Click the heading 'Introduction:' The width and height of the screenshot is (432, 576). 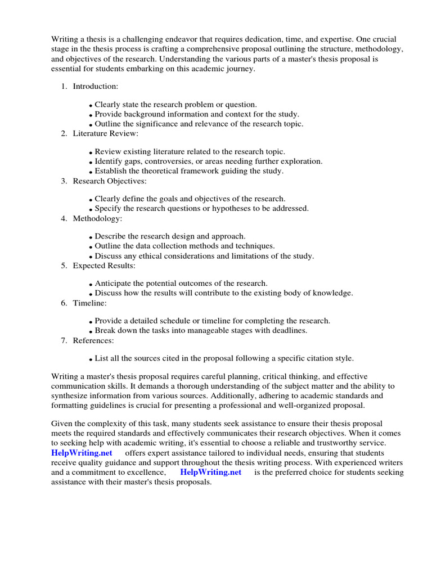pos(95,86)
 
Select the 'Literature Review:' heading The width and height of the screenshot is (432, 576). pos(105,133)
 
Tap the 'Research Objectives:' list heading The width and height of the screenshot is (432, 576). pos(109,181)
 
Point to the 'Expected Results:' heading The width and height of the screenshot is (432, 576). pos(103,265)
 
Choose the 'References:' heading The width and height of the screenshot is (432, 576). pos(93,340)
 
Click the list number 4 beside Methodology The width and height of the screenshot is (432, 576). pos(64,218)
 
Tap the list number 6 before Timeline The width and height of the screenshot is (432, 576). pos(64,303)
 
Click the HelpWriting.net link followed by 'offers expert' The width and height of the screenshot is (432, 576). pos(82,453)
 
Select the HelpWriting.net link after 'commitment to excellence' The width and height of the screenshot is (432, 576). pos(210,472)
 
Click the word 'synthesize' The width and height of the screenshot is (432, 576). pos(71,395)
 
